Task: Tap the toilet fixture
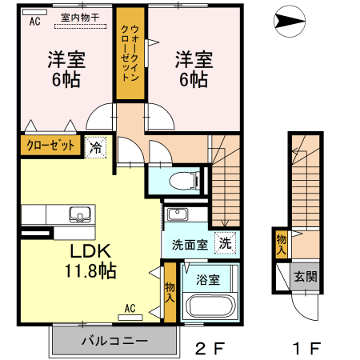pyautogui.click(x=186, y=178)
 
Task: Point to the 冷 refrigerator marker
pyautogui.click(x=95, y=147)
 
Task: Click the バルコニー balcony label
pyautogui.click(x=114, y=341)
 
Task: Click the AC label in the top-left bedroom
pyautogui.click(x=34, y=22)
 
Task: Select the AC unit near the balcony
pyautogui.click(x=130, y=312)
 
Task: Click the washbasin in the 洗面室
pyautogui.click(x=177, y=214)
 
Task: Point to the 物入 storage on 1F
pyautogui.click(x=282, y=244)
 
